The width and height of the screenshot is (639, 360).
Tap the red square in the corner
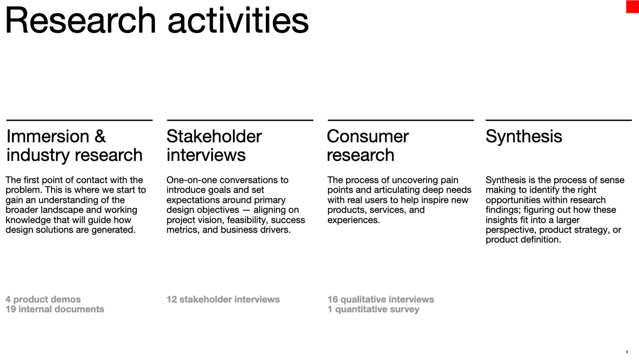click(632, 6)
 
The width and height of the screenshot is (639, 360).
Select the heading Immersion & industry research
click(74, 146)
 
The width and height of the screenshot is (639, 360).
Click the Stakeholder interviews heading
click(214, 146)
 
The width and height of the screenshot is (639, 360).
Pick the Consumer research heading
click(367, 146)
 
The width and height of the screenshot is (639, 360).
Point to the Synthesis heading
click(524, 136)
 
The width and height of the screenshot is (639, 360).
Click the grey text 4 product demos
click(43, 300)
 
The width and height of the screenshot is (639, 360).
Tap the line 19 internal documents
click(55, 309)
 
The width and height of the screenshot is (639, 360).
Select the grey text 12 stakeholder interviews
click(223, 300)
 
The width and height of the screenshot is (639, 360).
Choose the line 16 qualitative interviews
click(381, 300)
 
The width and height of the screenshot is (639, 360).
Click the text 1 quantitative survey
click(373, 309)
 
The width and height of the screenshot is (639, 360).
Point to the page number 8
click(627, 352)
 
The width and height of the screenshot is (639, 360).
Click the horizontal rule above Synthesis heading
click(558, 120)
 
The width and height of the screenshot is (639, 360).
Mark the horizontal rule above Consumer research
click(400, 120)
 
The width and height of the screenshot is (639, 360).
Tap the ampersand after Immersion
click(100, 136)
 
